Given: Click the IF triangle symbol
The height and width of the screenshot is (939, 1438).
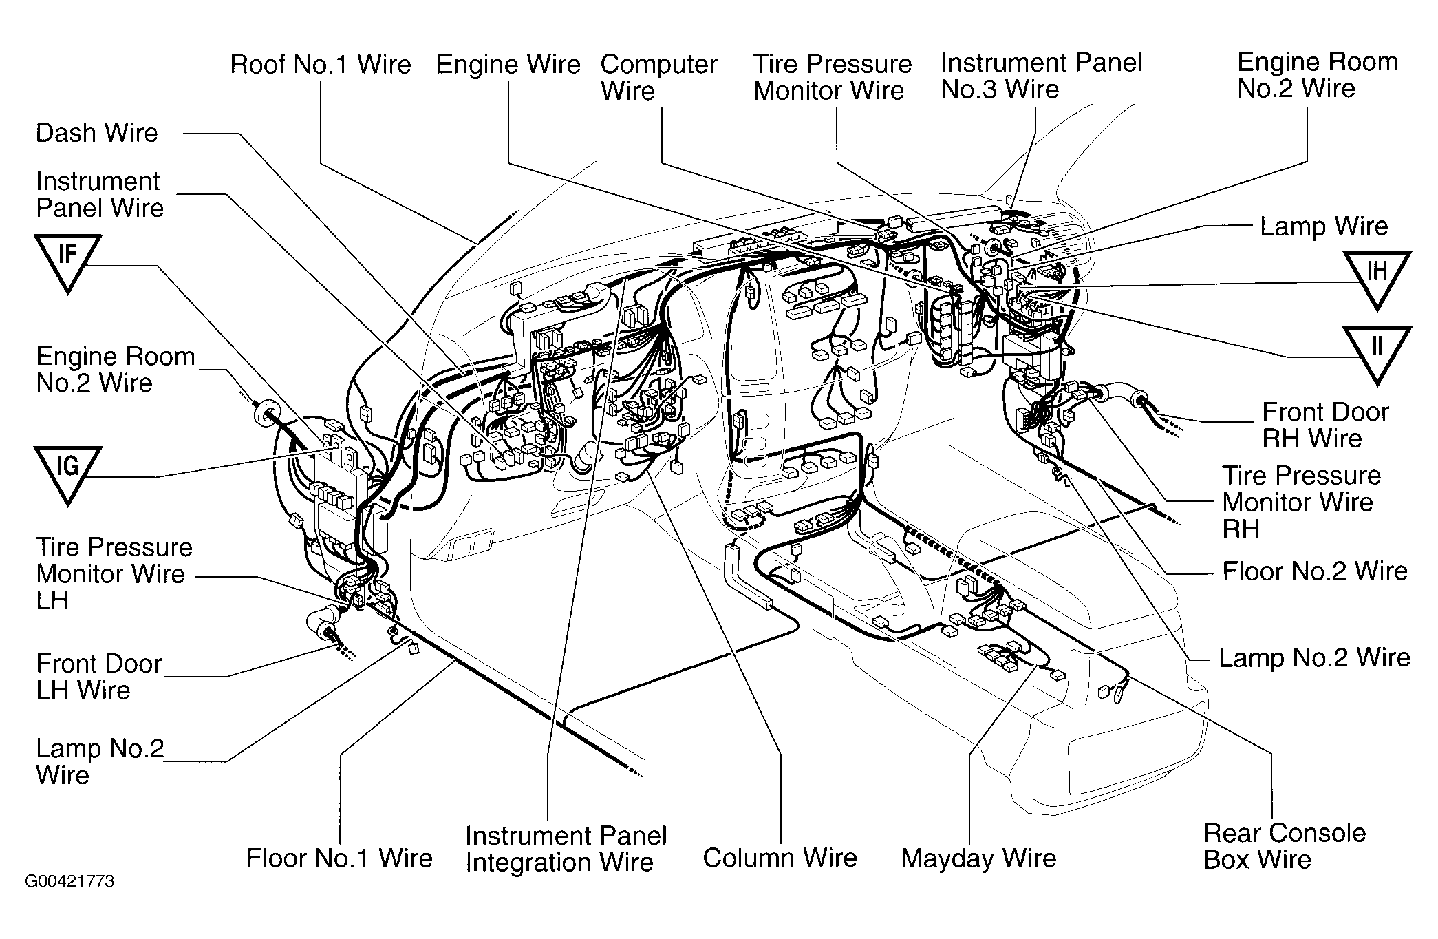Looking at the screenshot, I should tap(67, 259).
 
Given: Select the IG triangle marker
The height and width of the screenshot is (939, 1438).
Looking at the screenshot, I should tap(67, 471).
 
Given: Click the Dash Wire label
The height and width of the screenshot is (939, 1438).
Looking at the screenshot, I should tap(97, 133).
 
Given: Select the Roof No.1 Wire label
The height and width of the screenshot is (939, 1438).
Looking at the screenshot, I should tap(321, 65).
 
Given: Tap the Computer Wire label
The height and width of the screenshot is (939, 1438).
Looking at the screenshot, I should tap(658, 78).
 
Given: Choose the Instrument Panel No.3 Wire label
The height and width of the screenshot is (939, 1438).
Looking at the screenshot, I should tap(1041, 76).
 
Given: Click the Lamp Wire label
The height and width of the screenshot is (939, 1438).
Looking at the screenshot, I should tap(1324, 226).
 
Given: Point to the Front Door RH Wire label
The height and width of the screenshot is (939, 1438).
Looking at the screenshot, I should tap(1324, 425).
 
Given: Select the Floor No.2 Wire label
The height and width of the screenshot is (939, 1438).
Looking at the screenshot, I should tap(1315, 571).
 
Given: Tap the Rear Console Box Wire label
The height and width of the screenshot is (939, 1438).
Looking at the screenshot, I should tap(1284, 846).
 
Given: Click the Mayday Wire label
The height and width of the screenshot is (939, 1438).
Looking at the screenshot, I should tap(978, 858).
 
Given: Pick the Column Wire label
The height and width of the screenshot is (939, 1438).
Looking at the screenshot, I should tap(780, 858).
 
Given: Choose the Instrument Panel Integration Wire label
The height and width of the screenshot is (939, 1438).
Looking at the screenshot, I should tap(566, 849).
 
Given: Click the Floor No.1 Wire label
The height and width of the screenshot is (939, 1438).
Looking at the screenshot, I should tap(340, 858).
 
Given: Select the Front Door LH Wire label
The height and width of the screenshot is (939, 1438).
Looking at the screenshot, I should tap(98, 677).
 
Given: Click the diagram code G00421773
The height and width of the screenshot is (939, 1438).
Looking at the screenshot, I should tap(69, 882).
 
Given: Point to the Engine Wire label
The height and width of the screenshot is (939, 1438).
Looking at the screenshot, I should tap(508, 65).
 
